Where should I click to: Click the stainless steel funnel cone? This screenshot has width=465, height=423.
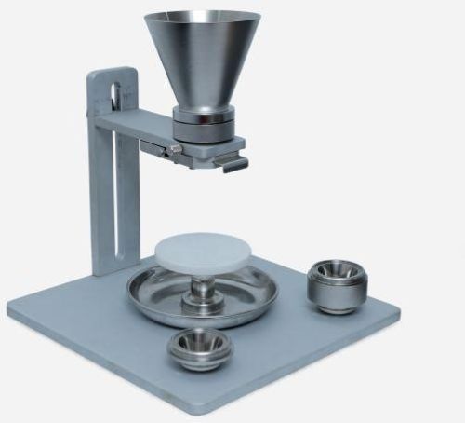click(x=203, y=61)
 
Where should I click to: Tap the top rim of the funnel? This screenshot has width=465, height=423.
click(x=203, y=15)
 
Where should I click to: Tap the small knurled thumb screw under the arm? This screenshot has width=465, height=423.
click(x=173, y=149)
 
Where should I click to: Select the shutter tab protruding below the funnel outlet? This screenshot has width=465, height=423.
click(x=231, y=164)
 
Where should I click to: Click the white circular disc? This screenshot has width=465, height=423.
click(x=206, y=249)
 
